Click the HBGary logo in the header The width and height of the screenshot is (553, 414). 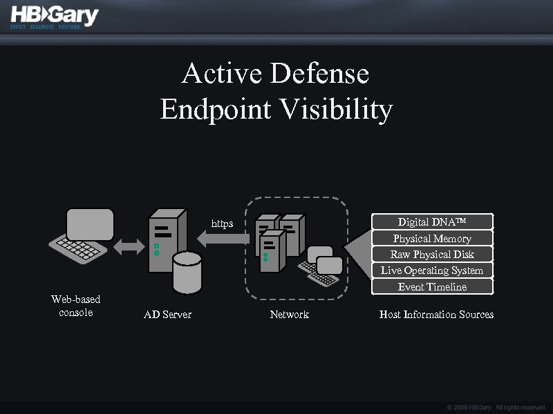tap(55, 17)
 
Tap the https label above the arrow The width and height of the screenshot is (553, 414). tap(222, 224)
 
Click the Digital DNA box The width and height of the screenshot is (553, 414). tap(432, 221)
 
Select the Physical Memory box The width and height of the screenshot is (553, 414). tap(432, 238)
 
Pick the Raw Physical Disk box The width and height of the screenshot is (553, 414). tap(432, 254)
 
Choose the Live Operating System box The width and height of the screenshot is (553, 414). tap(432, 270)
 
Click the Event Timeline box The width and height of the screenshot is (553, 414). tap(432, 286)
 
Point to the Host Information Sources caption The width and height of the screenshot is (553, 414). tap(436, 315)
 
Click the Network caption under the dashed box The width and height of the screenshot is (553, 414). tap(289, 315)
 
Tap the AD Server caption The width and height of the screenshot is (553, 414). tap(167, 315)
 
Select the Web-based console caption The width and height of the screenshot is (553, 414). tap(76, 306)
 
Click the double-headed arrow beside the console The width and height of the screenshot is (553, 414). tap(127, 246)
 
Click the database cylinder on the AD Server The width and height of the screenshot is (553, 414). tap(187, 273)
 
